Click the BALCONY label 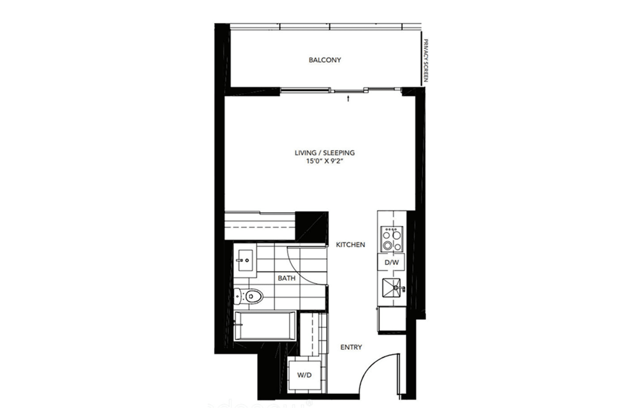[325, 60]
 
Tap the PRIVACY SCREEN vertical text [425, 60]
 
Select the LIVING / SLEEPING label [325, 153]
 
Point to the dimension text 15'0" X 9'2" [325, 161]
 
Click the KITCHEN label [350, 245]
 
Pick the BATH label [286, 278]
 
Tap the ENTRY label [351, 347]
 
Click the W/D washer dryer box [304, 375]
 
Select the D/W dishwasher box [391, 262]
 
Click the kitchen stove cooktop [392, 239]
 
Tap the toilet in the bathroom [249, 296]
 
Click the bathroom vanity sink [245, 260]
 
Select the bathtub [264, 326]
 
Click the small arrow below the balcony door [348, 98]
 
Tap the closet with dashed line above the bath [260, 226]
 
